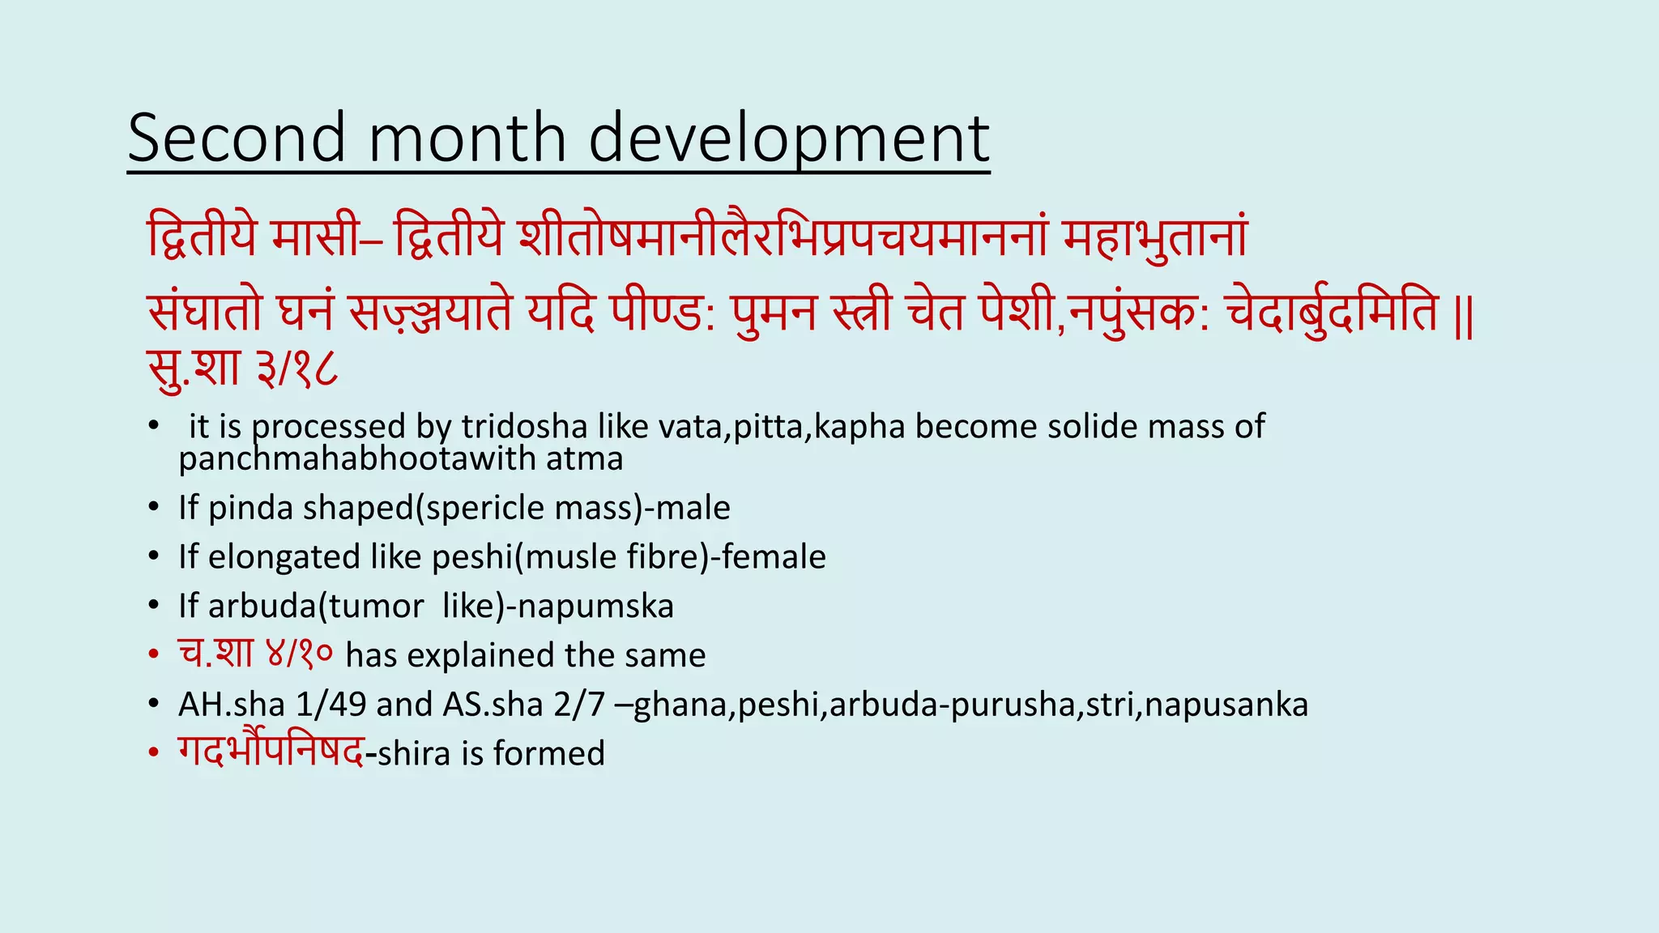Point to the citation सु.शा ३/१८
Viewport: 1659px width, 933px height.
point(242,369)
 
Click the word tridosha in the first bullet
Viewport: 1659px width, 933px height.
point(524,427)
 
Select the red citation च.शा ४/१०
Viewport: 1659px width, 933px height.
point(255,654)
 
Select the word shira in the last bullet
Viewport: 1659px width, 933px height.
point(414,753)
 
